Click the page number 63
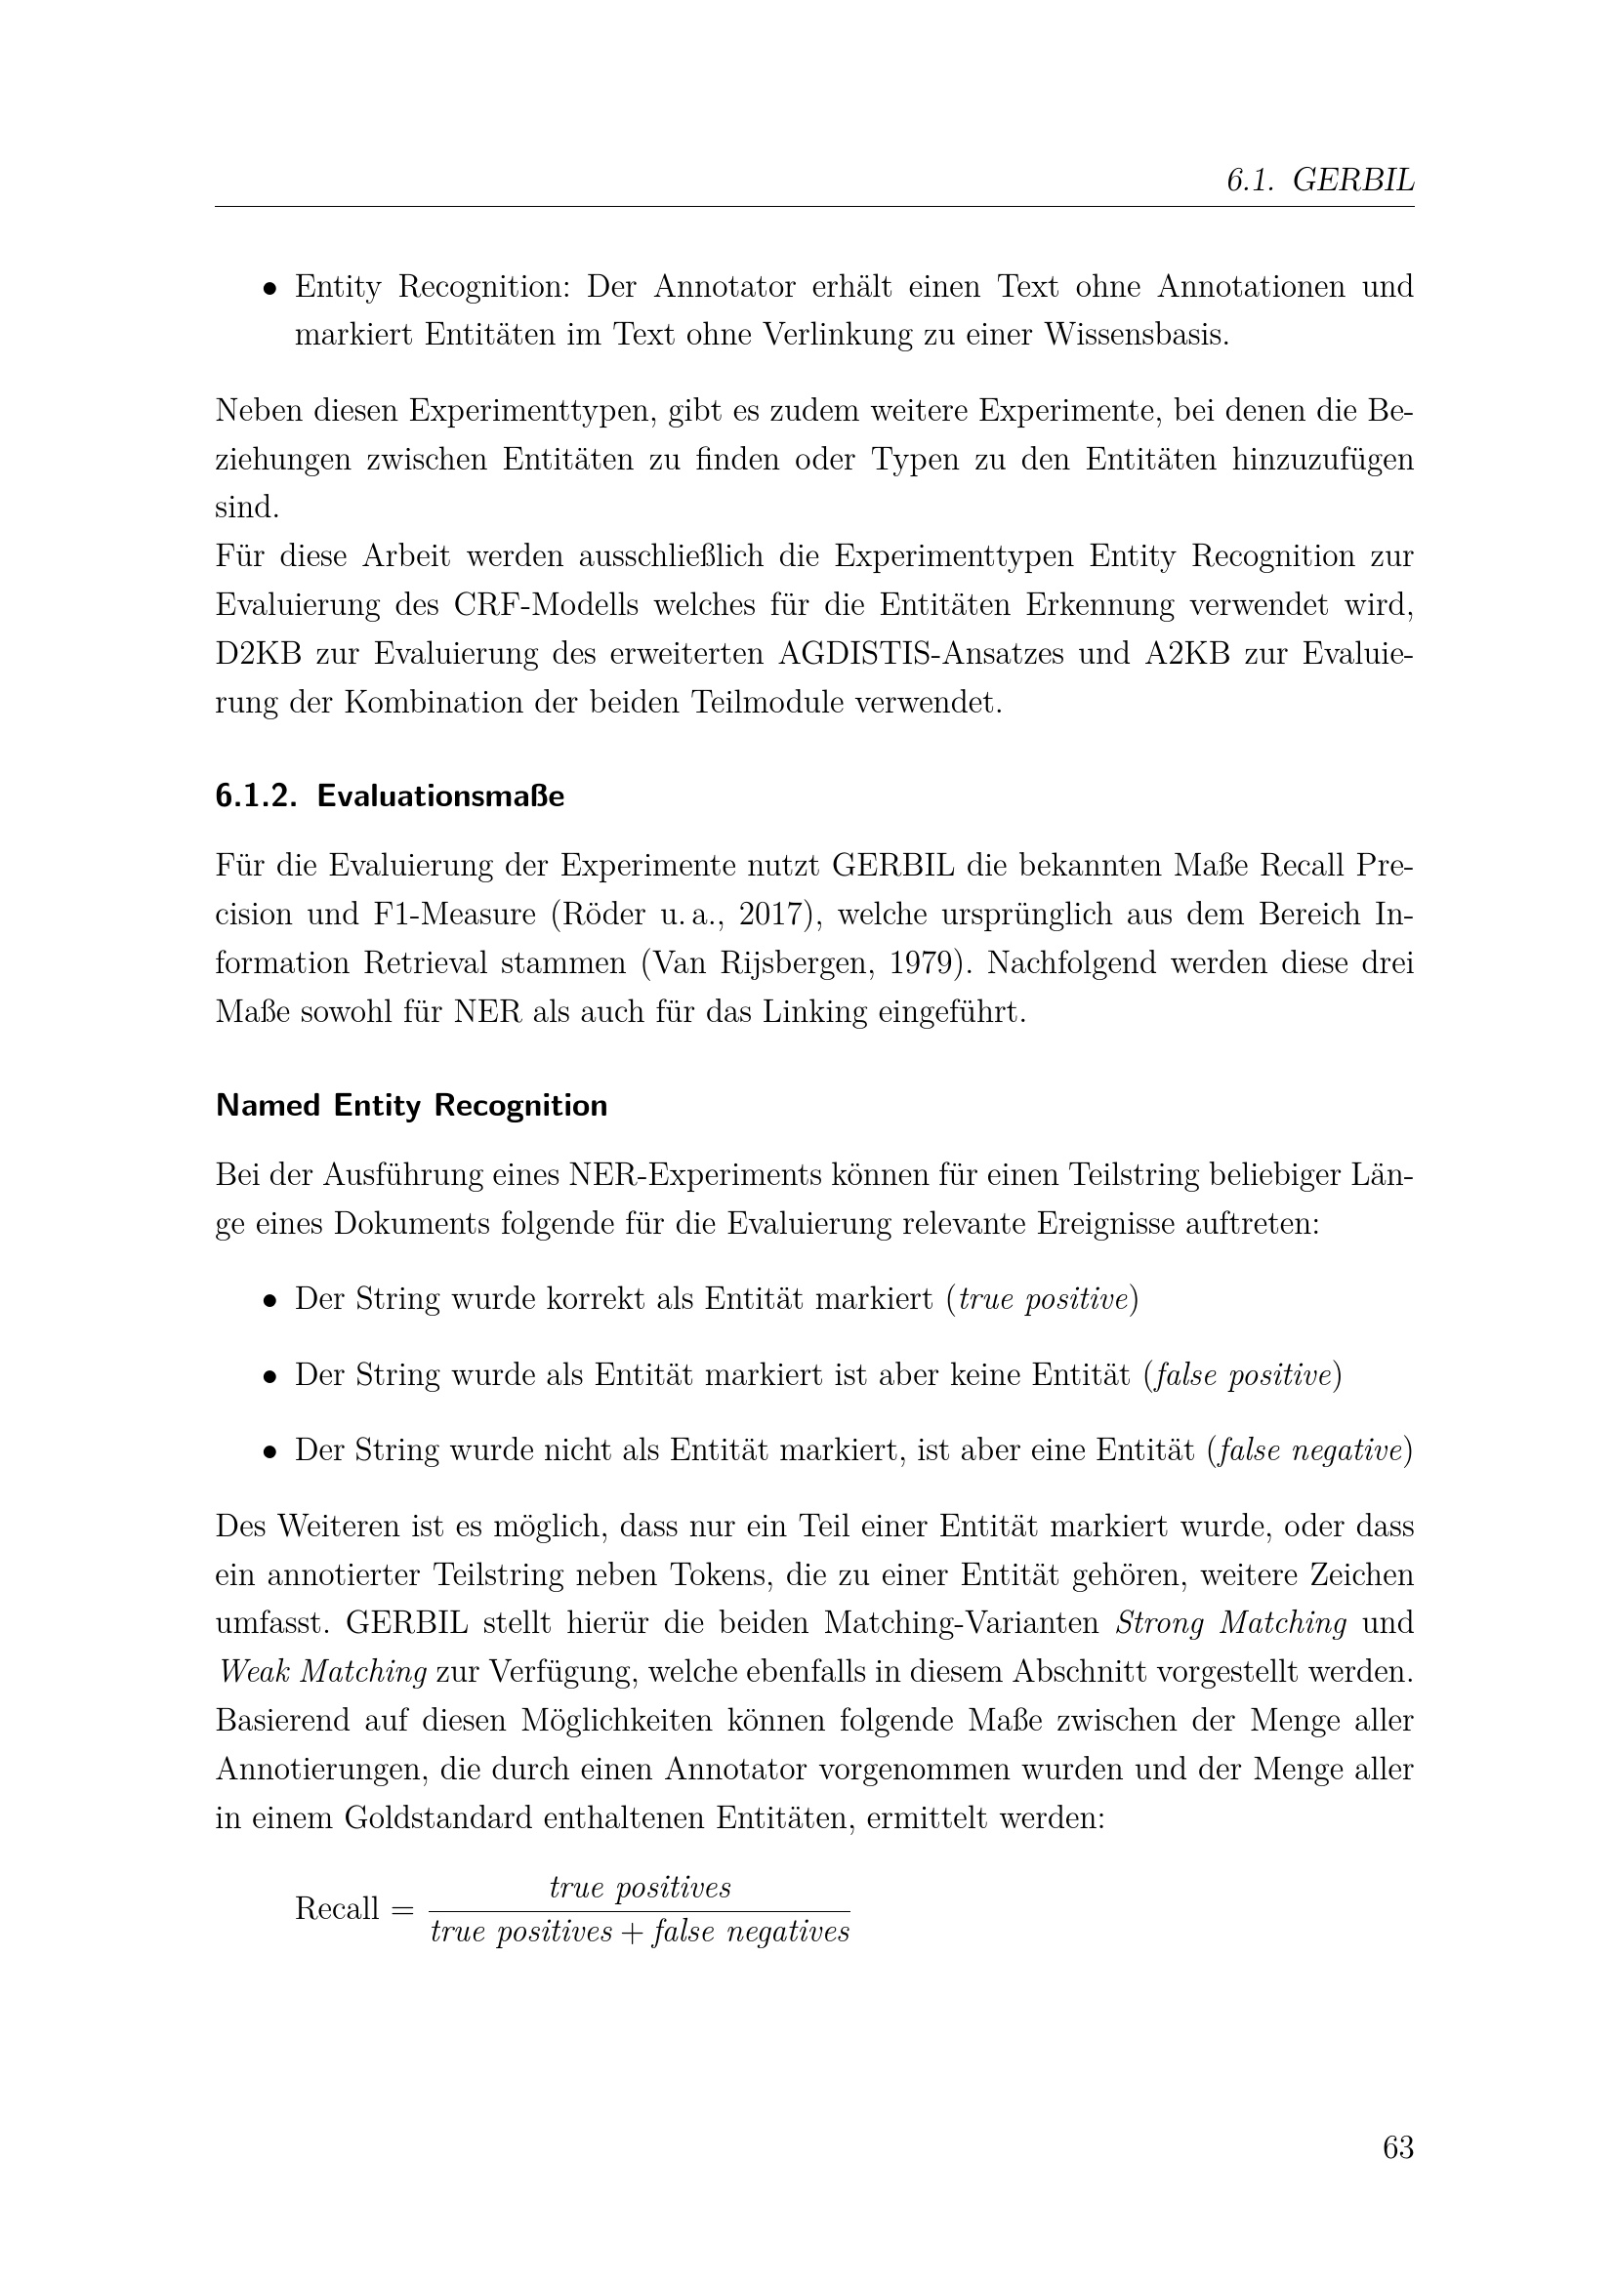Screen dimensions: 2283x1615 [1397, 2148]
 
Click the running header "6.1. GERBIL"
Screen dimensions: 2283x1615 [1320, 180]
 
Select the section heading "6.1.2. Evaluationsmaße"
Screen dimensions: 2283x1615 [390, 796]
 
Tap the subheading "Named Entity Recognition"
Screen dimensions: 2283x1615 [411, 1106]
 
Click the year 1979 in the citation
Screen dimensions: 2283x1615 [924, 963]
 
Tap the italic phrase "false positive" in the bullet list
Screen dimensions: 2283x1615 [1241, 1376]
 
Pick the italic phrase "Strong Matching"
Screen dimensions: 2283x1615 [1231, 1624]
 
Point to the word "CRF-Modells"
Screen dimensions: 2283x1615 [539, 604]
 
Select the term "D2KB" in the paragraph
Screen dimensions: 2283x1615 [258, 653]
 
